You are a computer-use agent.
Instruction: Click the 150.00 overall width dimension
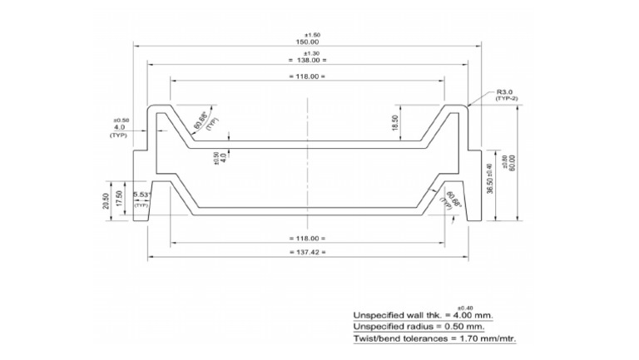pos(307,42)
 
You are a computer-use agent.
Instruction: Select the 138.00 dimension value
pos(307,61)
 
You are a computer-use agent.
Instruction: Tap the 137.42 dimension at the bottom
pos(307,251)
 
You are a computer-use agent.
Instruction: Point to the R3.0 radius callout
pos(505,91)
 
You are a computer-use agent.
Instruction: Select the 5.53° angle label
pos(141,195)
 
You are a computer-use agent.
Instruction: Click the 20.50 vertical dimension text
pos(106,202)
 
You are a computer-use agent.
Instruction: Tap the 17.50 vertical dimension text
pos(120,200)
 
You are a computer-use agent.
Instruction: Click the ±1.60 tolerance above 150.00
pos(307,34)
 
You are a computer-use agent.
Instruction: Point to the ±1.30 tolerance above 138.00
pos(307,53)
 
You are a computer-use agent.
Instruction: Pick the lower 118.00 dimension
pos(307,238)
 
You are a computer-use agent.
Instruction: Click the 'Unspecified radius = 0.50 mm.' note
pos(421,327)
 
